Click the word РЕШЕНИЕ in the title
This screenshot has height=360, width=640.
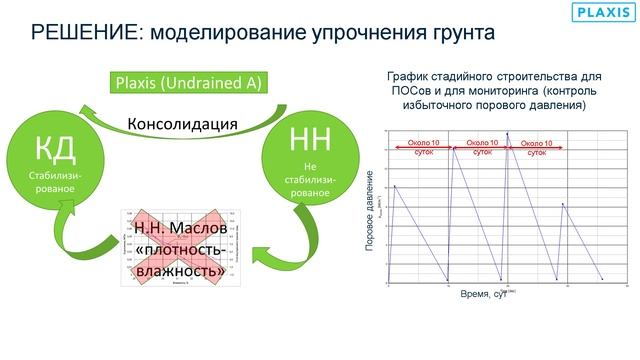point(82,32)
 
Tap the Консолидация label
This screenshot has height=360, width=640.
point(182,125)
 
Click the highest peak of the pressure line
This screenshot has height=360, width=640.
point(507,134)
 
